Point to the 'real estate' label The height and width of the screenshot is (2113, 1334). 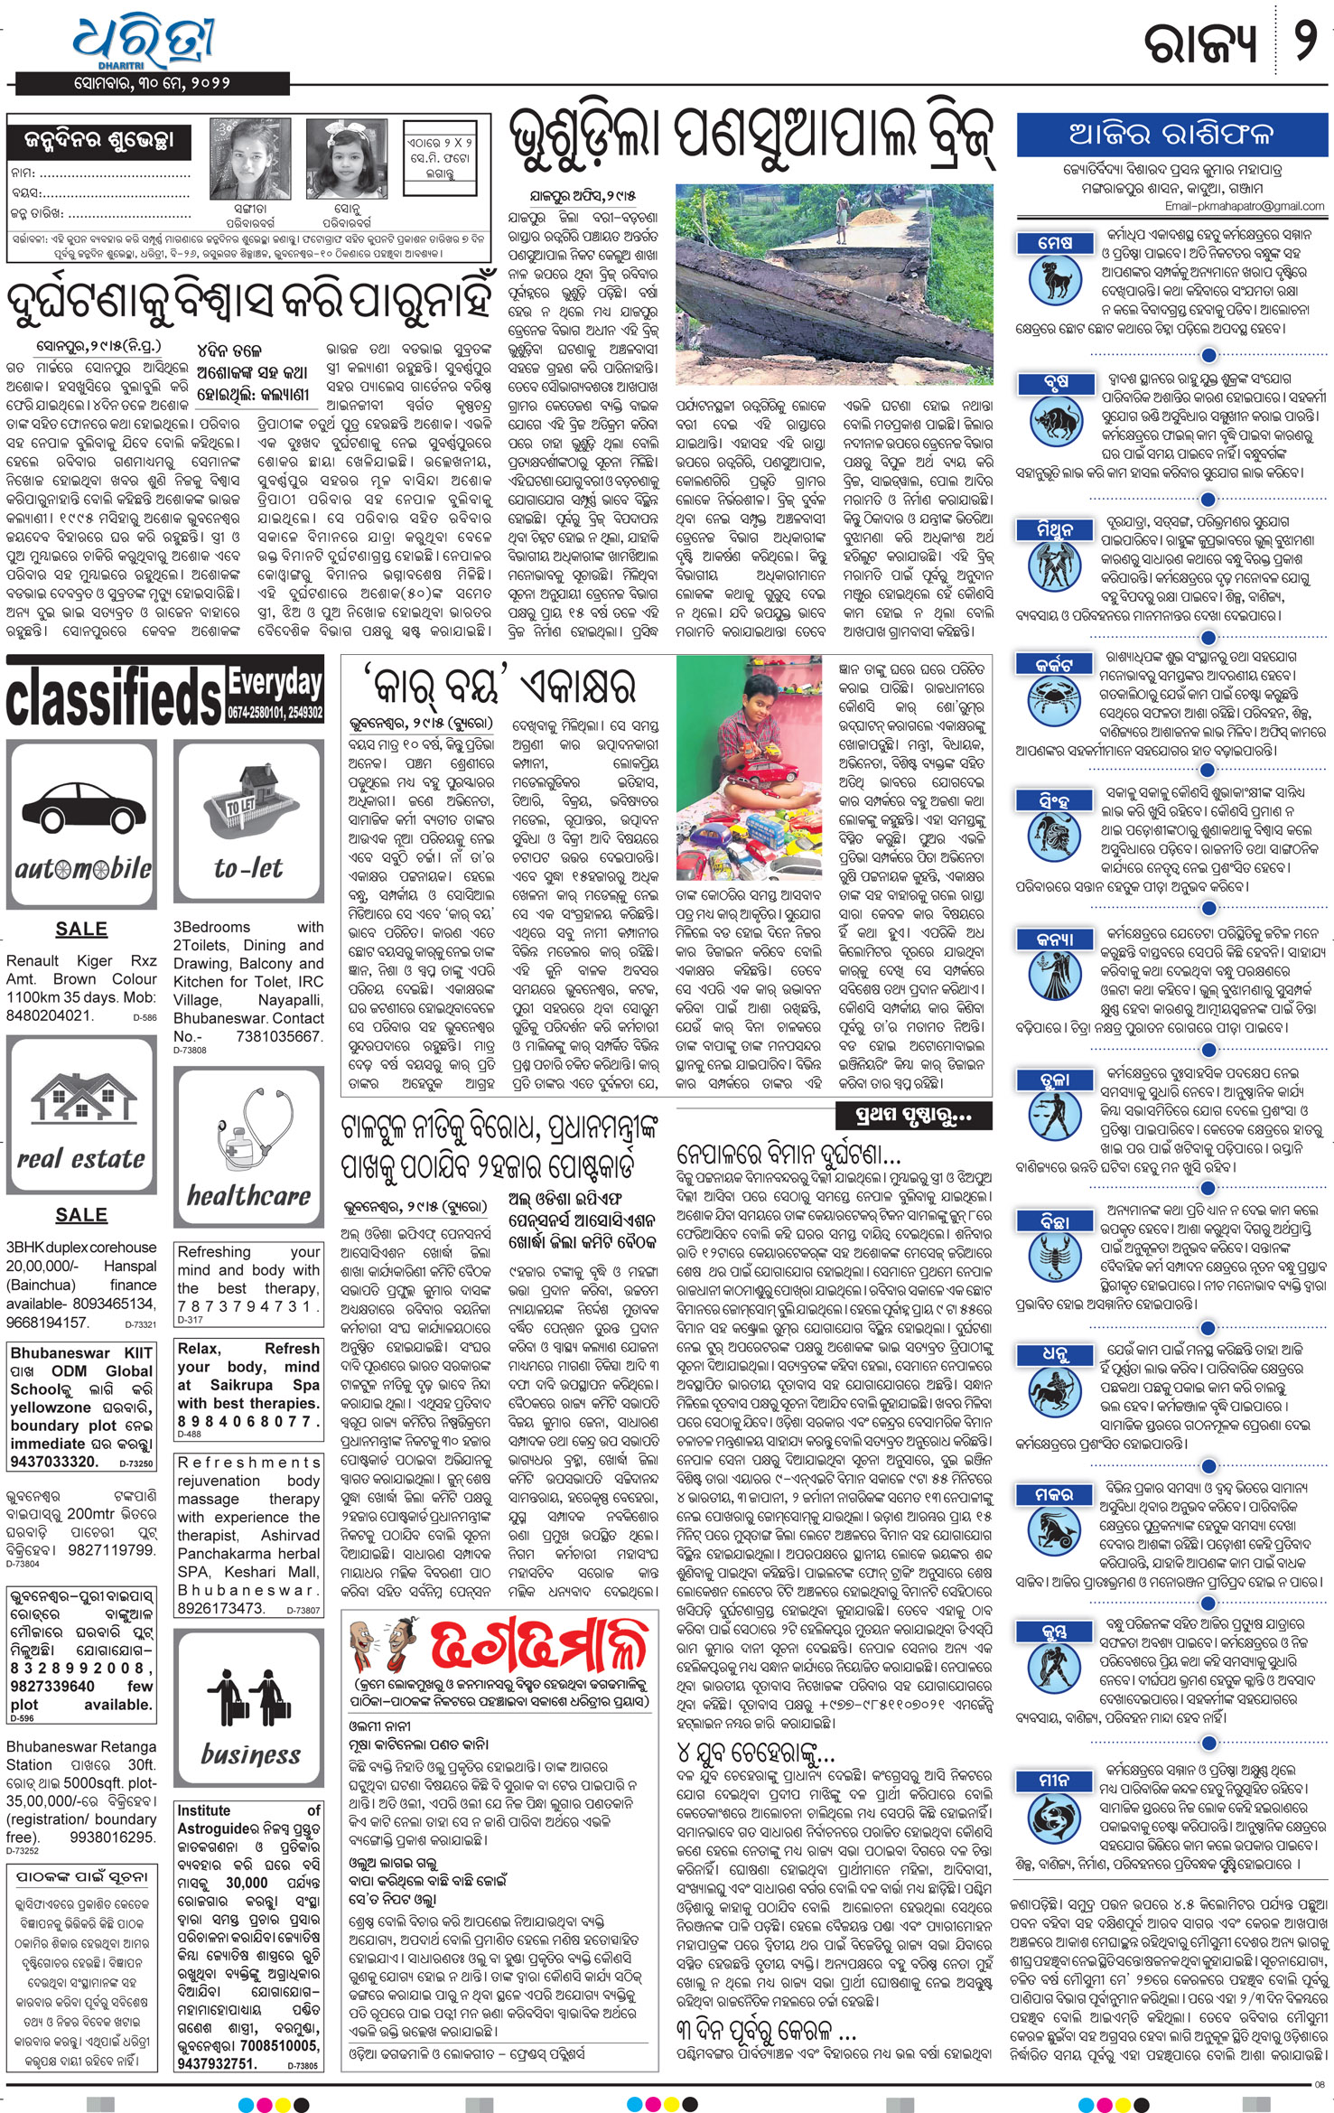[x=81, y=1159]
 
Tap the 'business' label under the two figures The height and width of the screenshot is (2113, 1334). [x=249, y=1754]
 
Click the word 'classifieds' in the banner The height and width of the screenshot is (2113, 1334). [x=114, y=699]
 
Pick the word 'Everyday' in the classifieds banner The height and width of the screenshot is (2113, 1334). [x=275, y=684]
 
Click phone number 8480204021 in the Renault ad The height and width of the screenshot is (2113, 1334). [x=49, y=1014]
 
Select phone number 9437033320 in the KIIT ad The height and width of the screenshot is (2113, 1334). [x=54, y=1462]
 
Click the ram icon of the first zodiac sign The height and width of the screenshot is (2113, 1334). [x=1054, y=278]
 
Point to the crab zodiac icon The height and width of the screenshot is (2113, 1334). [x=1054, y=701]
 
